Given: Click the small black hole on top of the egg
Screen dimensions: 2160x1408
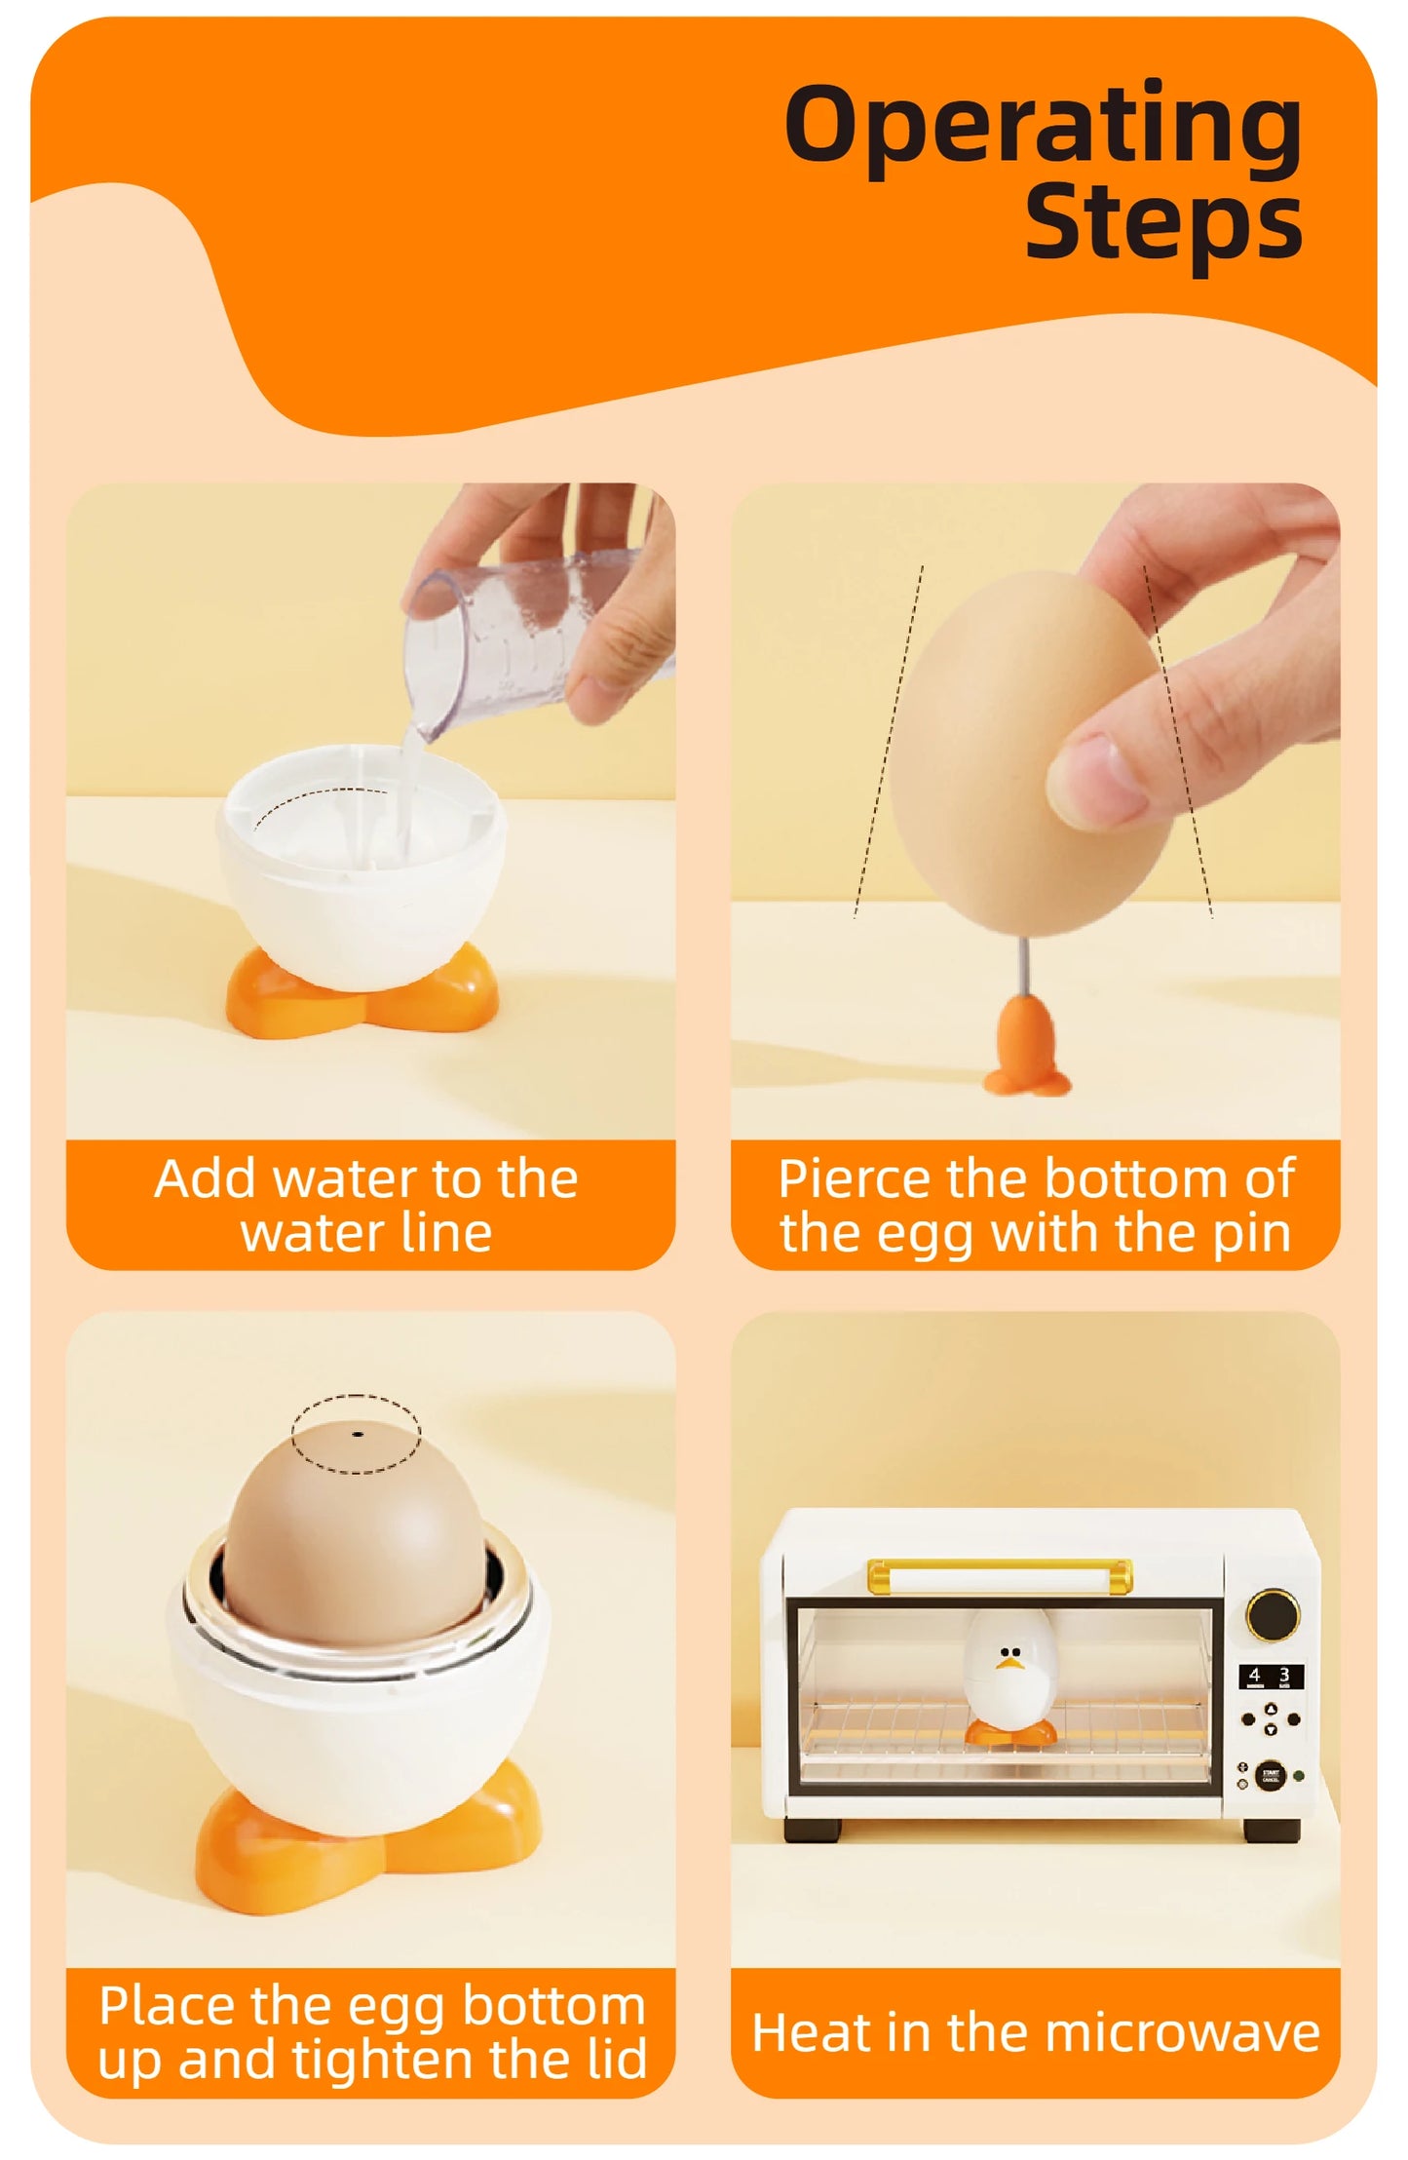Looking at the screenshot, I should (358, 1435).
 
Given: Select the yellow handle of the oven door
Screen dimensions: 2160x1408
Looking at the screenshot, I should (1000, 1571).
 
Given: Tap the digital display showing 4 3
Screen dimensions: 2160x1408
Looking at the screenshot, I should (1270, 1676).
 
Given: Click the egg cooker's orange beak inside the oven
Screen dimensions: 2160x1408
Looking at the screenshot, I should (1009, 1665).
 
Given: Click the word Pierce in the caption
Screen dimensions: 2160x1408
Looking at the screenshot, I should (854, 1179).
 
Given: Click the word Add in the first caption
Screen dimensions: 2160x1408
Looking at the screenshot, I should (205, 1179).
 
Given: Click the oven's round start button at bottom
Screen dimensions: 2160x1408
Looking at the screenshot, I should (1270, 1775).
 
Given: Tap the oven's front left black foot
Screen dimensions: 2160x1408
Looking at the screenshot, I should (812, 1831).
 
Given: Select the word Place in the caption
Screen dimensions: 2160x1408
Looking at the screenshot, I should (166, 2006).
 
